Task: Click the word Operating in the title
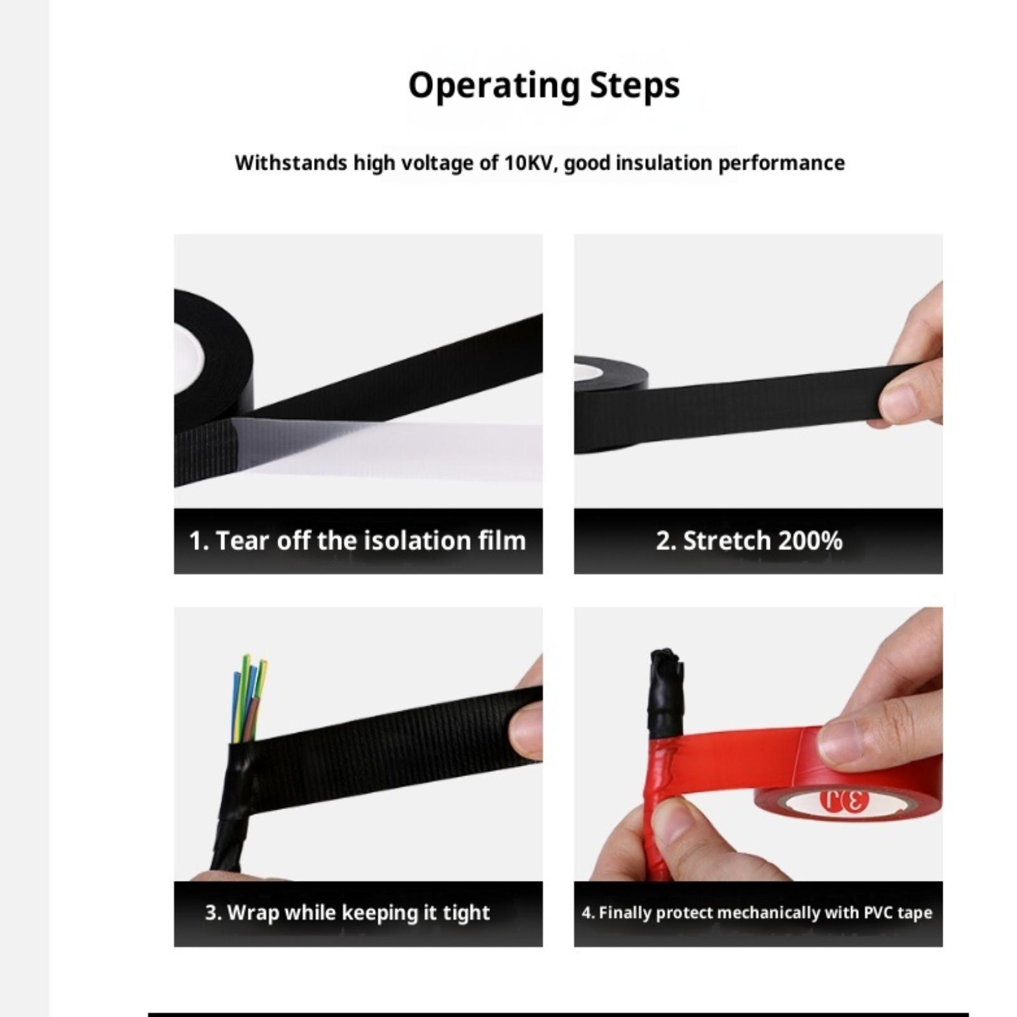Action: tap(494, 86)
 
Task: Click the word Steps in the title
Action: tap(635, 85)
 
